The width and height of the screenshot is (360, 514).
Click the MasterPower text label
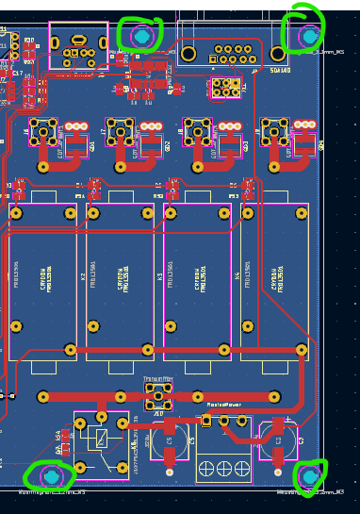coord(224,405)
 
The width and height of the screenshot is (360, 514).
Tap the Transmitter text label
coord(157,378)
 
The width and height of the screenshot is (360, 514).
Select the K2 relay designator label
coord(83,276)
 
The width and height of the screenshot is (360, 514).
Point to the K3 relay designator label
coord(160,276)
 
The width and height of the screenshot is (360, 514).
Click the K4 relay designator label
coord(237,276)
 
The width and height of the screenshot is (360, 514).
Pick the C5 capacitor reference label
coord(192,440)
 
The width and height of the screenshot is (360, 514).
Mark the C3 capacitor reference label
coord(301,440)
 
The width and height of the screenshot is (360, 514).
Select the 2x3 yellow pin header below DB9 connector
coord(226,88)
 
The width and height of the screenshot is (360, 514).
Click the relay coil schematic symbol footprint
coord(101,438)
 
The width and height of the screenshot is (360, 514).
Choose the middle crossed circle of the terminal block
coord(223,468)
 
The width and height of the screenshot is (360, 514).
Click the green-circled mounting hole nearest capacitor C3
coord(309,476)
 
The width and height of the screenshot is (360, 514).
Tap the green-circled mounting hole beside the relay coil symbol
coord(51,476)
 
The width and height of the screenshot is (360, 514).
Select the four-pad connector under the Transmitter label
coord(157,395)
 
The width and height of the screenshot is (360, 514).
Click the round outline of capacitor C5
coord(170,440)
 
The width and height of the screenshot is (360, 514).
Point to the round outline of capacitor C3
coord(279,440)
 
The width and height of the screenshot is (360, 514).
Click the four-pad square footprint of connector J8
coord(197,132)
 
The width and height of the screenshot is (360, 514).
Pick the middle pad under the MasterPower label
coord(223,421)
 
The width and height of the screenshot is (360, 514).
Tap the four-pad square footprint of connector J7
coord(120,132)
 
